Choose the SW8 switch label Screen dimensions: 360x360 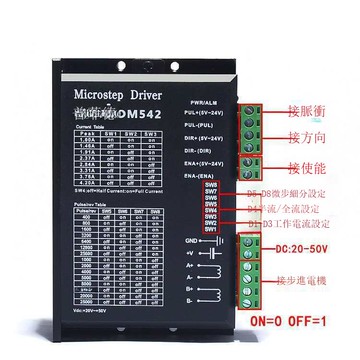pyautogui.click(x=211, y=184)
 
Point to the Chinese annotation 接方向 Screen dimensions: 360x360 pyautogui.click(x=306, y=136)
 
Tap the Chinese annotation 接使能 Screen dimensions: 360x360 pyautogui.click(x=306, y=166)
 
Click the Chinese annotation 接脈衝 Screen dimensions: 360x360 pyautogui.click(x=306, y=108)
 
